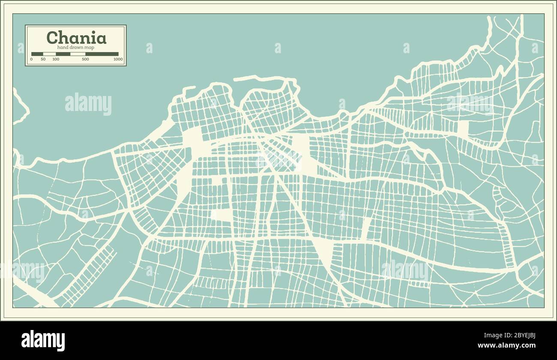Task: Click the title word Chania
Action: coord(76,38)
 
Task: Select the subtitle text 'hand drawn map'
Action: coord(75,48)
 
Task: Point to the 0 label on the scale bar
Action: coord(31,59)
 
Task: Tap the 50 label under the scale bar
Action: coord(43,59)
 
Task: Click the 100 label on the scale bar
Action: coord(56,59)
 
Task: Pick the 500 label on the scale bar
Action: coord(85,59)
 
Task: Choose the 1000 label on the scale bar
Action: coord(118,59)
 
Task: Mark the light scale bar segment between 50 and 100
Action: coord(49,54)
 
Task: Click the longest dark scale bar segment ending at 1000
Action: coord(102,54)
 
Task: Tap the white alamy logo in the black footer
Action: coord(43,340)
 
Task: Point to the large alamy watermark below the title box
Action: coord(88,104)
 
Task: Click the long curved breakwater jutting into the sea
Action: coord(266,78)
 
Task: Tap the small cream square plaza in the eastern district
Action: coord(463,127)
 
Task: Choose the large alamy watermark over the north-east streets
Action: coord(470,103)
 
